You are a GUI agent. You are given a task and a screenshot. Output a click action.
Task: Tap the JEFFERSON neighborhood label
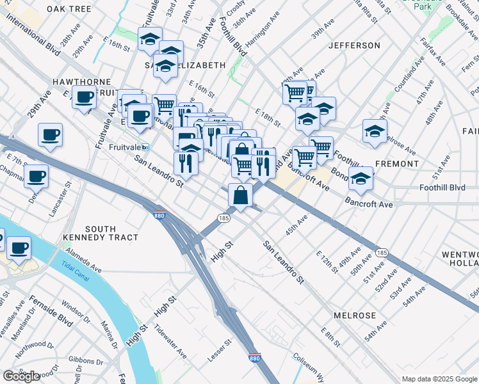(x=354, y=45)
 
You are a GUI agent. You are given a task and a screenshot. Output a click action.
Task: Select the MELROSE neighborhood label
(x=354, y=316)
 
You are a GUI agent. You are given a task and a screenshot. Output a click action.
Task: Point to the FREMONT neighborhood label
(x=397, y=164)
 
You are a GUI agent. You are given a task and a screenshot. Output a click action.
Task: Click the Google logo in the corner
(x=21, y=376)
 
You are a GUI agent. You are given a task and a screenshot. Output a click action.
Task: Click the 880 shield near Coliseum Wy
(x=254, y=359)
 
